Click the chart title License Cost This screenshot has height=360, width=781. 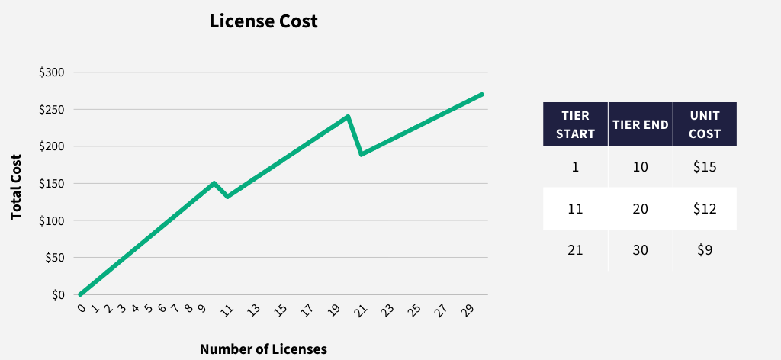(263, 22)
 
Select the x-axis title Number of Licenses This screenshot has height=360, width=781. (263, 349)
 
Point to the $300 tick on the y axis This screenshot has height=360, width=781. (52, 72)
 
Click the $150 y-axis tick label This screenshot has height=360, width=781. (52, 184)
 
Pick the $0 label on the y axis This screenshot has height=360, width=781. (58, 295)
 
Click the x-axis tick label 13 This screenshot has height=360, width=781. (253, 310)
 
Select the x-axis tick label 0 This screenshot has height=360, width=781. (81, 307)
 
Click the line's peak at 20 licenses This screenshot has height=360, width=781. (348, 117)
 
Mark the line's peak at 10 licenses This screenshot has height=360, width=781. (214, 183)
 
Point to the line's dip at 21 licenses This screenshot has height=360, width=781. (361, 154)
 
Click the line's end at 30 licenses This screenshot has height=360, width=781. (482, 95)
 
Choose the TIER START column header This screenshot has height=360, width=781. (576, 124)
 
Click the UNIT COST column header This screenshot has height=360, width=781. (705, 124)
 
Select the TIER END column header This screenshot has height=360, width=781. (641, 124)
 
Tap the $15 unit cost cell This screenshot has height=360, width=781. (705, 167)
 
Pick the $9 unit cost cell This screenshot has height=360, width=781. (705, 249)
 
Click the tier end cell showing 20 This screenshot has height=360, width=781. (641, 208)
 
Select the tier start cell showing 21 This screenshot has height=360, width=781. (576, 249)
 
